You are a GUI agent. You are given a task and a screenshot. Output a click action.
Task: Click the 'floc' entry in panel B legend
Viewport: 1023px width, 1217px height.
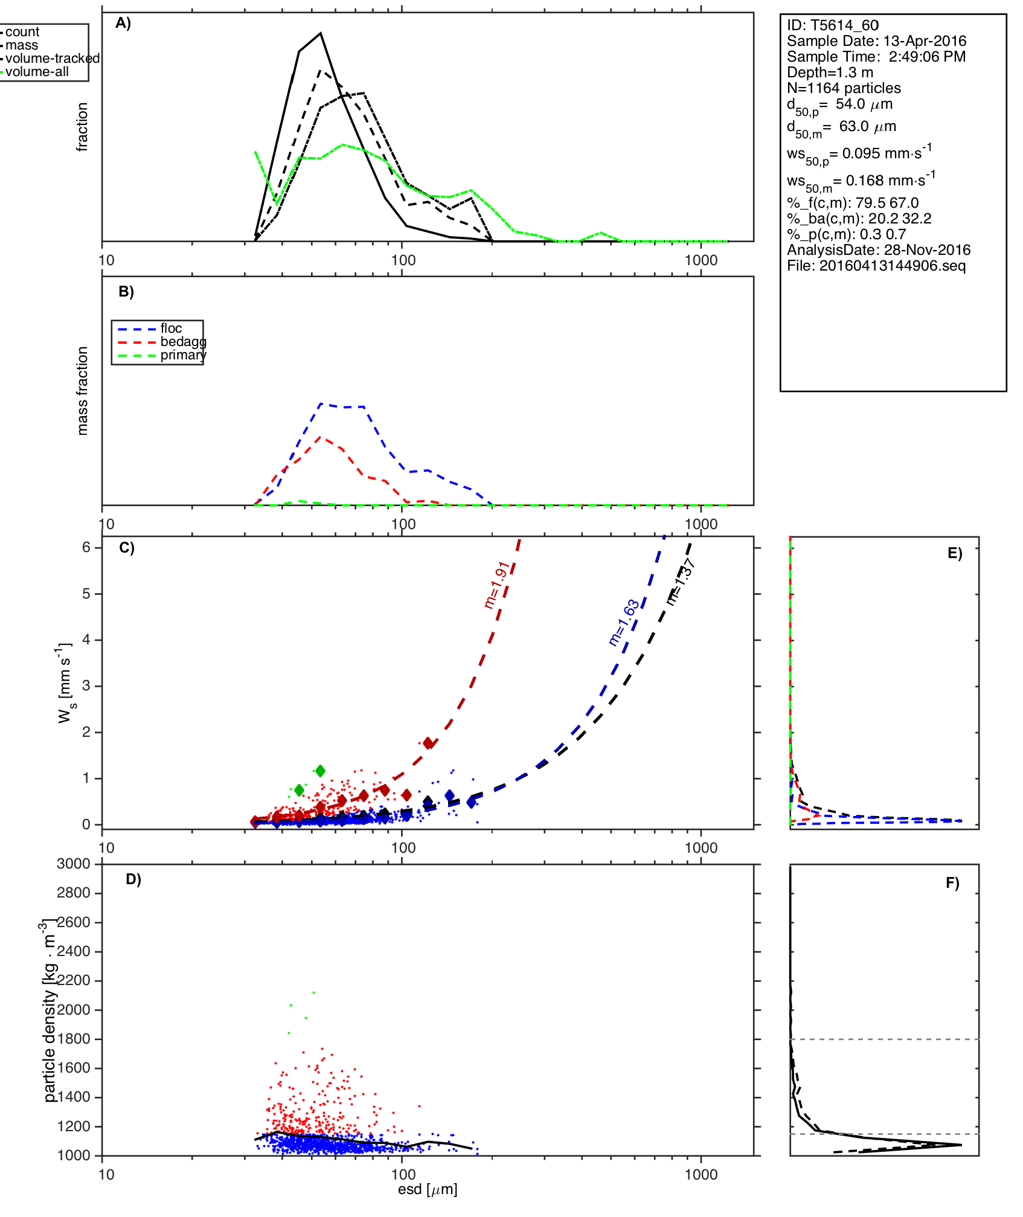pyautogui.click(x=171, y=329)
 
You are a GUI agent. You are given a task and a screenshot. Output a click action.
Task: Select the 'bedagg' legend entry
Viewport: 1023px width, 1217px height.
pyautogui.click(x=183, y=342)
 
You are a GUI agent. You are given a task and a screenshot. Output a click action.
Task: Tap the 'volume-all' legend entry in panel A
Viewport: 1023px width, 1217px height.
pyautogui.click(x=37, y=72)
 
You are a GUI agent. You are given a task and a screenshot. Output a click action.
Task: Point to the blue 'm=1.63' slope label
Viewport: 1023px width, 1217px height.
pyautogui.click(x=623, y=623)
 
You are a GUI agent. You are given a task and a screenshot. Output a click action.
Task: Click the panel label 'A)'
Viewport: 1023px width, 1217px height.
pyautogui.click(x=123, y=23)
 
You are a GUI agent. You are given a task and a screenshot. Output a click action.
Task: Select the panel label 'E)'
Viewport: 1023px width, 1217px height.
pyautogui.click(x=955, y=554)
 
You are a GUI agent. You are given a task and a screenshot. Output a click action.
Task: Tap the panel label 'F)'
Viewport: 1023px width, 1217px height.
pyautogui.click(x=952, y=884)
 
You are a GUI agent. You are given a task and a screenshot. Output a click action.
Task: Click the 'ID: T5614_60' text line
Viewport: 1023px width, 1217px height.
pyautogui.click(x=832, y=25)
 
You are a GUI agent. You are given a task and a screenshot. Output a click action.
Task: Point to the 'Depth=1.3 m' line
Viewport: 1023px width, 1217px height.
pyautogui.click(x=830, y=72)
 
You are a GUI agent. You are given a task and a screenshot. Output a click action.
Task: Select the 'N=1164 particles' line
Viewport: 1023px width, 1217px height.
pyautogui.click(x=844, y=88)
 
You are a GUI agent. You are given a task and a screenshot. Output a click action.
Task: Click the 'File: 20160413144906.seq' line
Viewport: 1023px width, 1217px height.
pyautogui.click(x=876, y=266)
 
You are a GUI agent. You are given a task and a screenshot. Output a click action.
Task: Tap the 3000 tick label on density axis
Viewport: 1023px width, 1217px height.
pyautogui.click(x=74, y=864)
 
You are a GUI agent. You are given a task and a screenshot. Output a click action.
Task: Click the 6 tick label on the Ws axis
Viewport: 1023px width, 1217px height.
pyautogui.click(x=86, y=547)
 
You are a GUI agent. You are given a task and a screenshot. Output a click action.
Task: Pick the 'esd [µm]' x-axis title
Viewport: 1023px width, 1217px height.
pyautogui.click(x=428, y=1190)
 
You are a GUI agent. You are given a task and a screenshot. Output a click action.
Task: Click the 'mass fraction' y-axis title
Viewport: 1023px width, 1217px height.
pyautogui.click(x=83, y=391)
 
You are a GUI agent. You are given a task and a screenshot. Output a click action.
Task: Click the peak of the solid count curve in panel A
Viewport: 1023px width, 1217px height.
pyautogui.click(x=321, y=33)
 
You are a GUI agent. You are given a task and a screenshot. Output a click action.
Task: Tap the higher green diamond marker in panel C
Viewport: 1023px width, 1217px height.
pyautogui.click(x=320, y=771)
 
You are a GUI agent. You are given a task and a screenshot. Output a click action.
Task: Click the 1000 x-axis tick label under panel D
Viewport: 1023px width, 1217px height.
pyautogui.click(x=701, y=1174)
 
